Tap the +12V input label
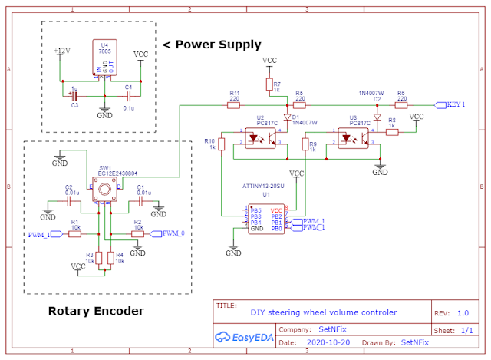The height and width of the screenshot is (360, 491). (61, 51)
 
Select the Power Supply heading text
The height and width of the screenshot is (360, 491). (212, 45)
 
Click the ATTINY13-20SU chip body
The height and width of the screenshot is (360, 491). (265, 219)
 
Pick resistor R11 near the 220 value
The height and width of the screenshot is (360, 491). (235, 104)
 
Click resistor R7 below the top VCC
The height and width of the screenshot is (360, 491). (270, 84)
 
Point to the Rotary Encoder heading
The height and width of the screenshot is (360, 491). (95, 311)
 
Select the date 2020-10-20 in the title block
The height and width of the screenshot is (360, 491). (328, 342)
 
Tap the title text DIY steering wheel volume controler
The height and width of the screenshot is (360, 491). (323, 312)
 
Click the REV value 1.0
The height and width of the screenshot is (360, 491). (463, 312)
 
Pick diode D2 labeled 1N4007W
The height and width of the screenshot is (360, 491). (377, 104)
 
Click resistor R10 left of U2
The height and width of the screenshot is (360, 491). (221, 144)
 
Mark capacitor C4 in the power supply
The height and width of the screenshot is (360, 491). (129, 96)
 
